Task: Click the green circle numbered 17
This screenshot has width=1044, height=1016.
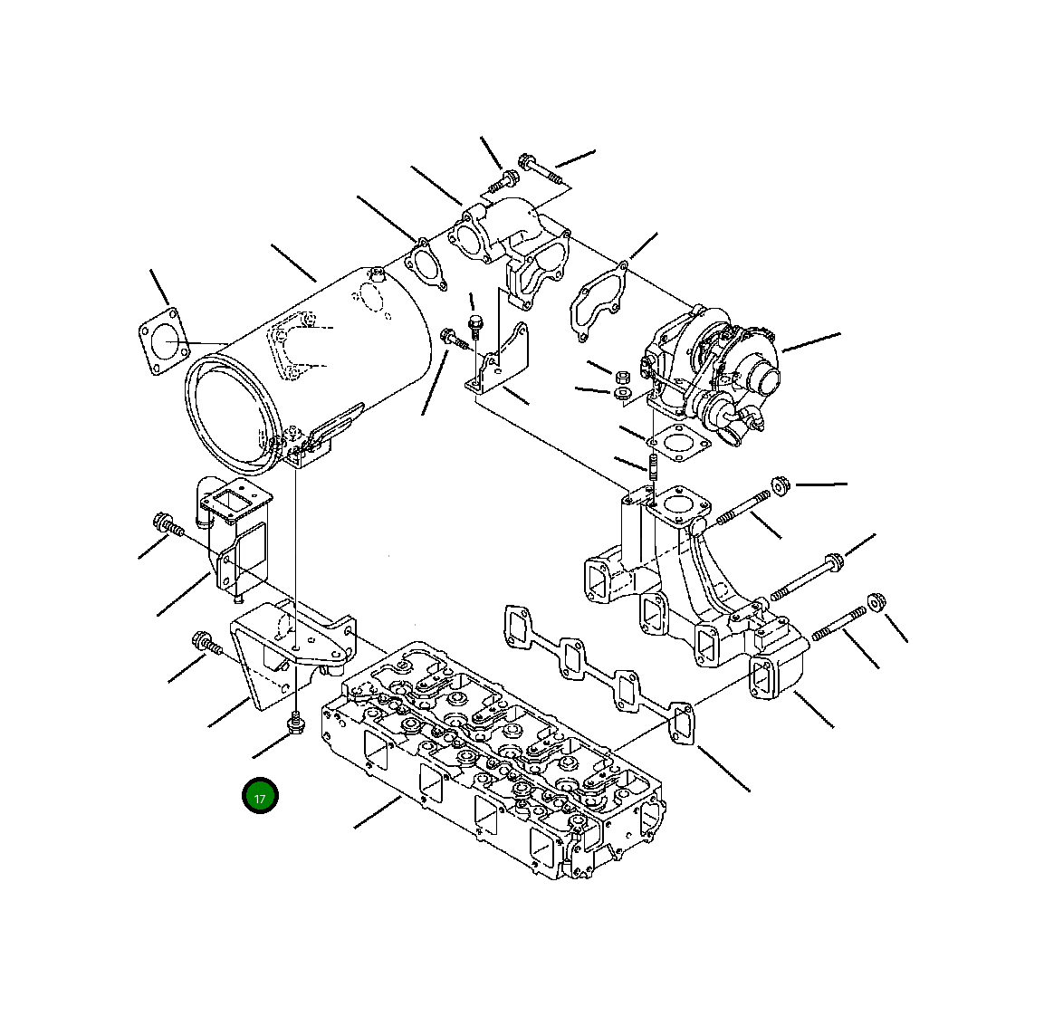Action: (260, 796)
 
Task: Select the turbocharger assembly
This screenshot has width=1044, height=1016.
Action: (709, 373)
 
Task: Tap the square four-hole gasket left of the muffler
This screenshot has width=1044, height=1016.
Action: (163, 340)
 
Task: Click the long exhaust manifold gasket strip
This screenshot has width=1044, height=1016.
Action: (599, 674)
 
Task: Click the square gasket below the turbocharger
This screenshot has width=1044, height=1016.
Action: (677, 442)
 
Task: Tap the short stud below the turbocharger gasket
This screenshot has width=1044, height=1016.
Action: (653, 467)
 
